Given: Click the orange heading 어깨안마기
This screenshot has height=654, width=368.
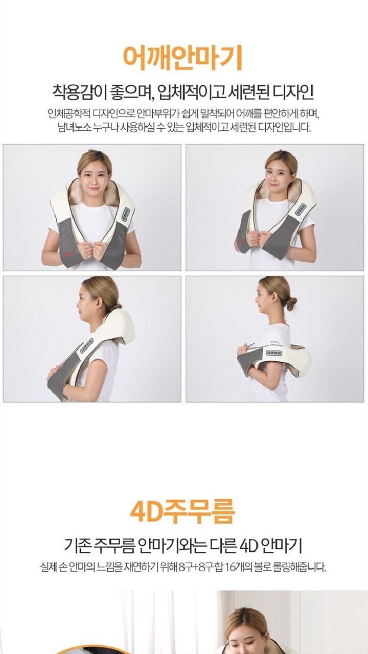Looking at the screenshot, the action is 183,57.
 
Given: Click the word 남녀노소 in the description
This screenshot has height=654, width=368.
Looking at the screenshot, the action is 74,127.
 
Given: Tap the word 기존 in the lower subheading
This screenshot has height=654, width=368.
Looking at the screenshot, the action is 77,545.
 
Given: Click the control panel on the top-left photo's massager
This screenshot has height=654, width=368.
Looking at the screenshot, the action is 126,215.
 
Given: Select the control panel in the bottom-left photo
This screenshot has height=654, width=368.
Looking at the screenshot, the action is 87,346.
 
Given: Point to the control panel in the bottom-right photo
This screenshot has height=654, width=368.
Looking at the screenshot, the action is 273,353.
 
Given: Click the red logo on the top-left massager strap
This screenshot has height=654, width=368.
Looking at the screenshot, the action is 68,250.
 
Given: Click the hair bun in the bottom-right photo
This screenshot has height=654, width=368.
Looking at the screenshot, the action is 291,304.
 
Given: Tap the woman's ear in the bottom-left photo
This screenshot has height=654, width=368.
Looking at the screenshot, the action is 100,303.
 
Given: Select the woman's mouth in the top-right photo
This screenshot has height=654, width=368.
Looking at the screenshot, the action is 274,184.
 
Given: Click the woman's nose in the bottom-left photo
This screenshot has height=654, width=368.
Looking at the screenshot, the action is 78,304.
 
